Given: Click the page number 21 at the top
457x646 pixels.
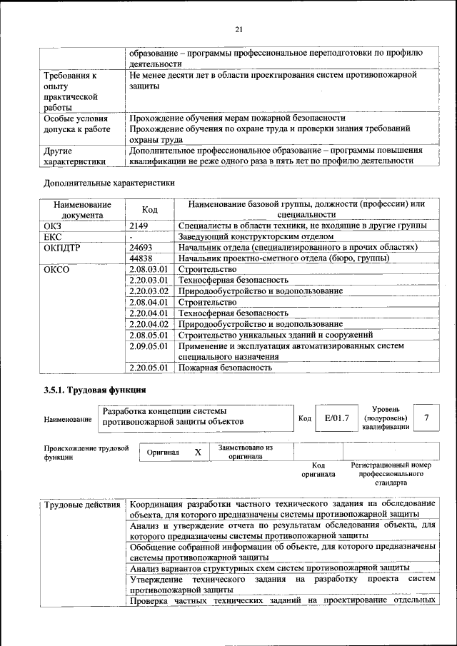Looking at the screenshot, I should pos(238,29).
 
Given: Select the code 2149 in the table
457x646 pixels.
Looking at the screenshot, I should pos(140,226).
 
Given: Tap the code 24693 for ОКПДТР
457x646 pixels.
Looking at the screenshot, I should pos(142,247).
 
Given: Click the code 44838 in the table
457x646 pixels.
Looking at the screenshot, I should pos(142,258).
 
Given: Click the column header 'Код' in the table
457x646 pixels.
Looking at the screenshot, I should pos(150,209).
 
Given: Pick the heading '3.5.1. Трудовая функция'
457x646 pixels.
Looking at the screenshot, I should pos(94,390).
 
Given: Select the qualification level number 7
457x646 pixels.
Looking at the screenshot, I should pos(426,418).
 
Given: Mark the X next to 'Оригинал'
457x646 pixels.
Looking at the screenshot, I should pos(198,453).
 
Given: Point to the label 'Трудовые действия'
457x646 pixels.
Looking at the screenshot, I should pos(83,506).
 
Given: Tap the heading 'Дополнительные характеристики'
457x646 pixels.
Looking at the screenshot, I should pos(109,183).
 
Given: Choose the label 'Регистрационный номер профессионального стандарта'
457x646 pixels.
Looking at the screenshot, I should pos(391,473).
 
